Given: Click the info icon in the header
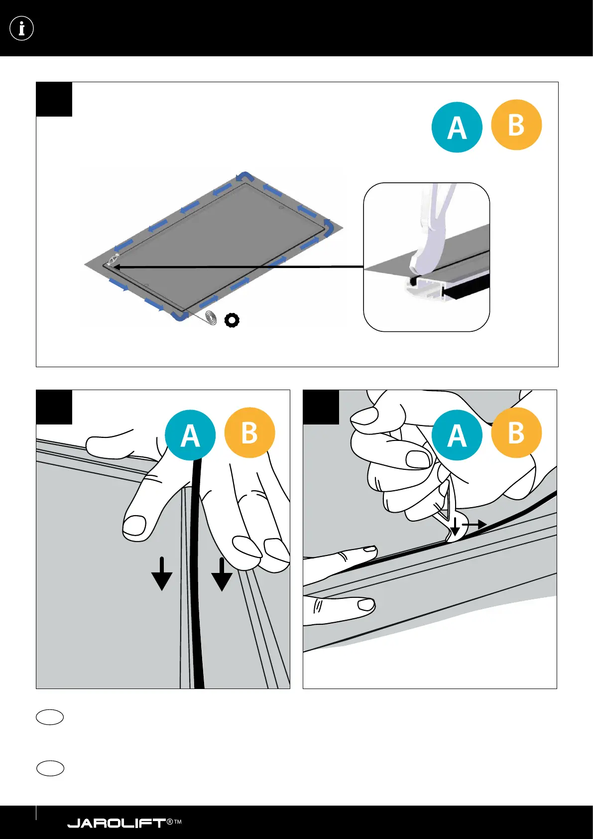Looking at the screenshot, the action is tap(21, 28).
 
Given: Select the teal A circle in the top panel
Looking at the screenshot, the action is tap(457, 128).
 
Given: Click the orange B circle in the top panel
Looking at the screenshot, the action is tap(516, 125).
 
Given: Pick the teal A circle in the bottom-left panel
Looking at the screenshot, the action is tap(190, 435).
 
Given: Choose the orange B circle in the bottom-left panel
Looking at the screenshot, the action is tap(249, 432).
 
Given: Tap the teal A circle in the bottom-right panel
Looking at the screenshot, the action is tap(457, 435).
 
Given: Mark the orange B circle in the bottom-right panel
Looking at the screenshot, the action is tap(516, 432).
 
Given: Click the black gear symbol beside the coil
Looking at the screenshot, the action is tap(232, 320).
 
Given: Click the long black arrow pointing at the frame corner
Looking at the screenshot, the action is tap(239, 267).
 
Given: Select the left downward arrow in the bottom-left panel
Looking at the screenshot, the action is tap(162, 574).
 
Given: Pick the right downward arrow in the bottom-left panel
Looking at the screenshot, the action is tap(222, 574).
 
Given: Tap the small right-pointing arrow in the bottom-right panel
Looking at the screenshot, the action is tap(475, 525).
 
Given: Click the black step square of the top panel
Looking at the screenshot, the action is tap(54, 99).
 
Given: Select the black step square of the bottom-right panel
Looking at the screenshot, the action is tap(321, 407).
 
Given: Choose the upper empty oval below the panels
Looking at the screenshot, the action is tap(50, 717).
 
